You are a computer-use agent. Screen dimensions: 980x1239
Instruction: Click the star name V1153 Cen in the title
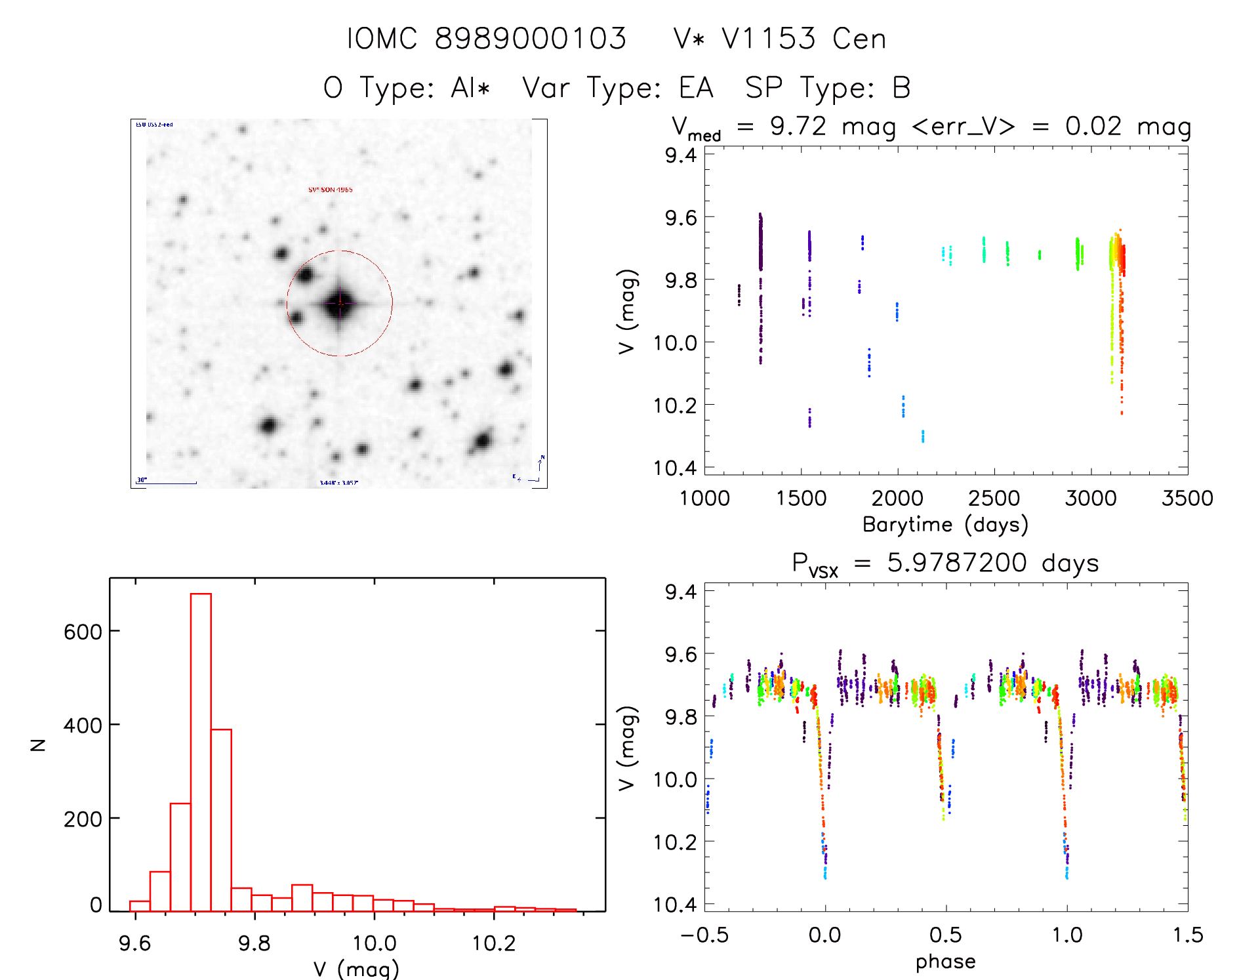[x=803, y=39]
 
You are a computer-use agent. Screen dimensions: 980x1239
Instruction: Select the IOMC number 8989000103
[x=531, y=39]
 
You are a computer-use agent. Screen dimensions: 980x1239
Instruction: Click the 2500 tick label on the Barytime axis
[x=994, y=498]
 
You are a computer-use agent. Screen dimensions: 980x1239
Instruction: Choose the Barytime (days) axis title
[x=945, y=525]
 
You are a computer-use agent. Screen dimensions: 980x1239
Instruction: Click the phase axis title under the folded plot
[x=945, y=961]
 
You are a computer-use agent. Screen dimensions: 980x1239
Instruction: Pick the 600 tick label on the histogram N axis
[x=83, y=632]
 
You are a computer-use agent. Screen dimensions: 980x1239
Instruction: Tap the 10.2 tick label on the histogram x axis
[x=494, y=943]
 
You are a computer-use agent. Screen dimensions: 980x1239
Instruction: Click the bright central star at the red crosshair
[x=340, y=303]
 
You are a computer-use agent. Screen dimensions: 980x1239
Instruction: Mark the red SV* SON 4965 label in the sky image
[x=331, y=190]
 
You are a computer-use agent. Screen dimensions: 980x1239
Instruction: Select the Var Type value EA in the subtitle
[x=696, y=88]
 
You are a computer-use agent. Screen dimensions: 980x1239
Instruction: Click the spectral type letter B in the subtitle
[x=902, y=88]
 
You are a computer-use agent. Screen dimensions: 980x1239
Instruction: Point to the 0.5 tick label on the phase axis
[x=945, y=935]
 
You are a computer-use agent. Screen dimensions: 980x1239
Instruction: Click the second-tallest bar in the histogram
[x=221, y=820]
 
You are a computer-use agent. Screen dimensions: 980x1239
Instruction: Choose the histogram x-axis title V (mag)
[x=356, y=969]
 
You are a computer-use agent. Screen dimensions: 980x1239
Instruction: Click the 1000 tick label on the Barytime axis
[x=704, y=498]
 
